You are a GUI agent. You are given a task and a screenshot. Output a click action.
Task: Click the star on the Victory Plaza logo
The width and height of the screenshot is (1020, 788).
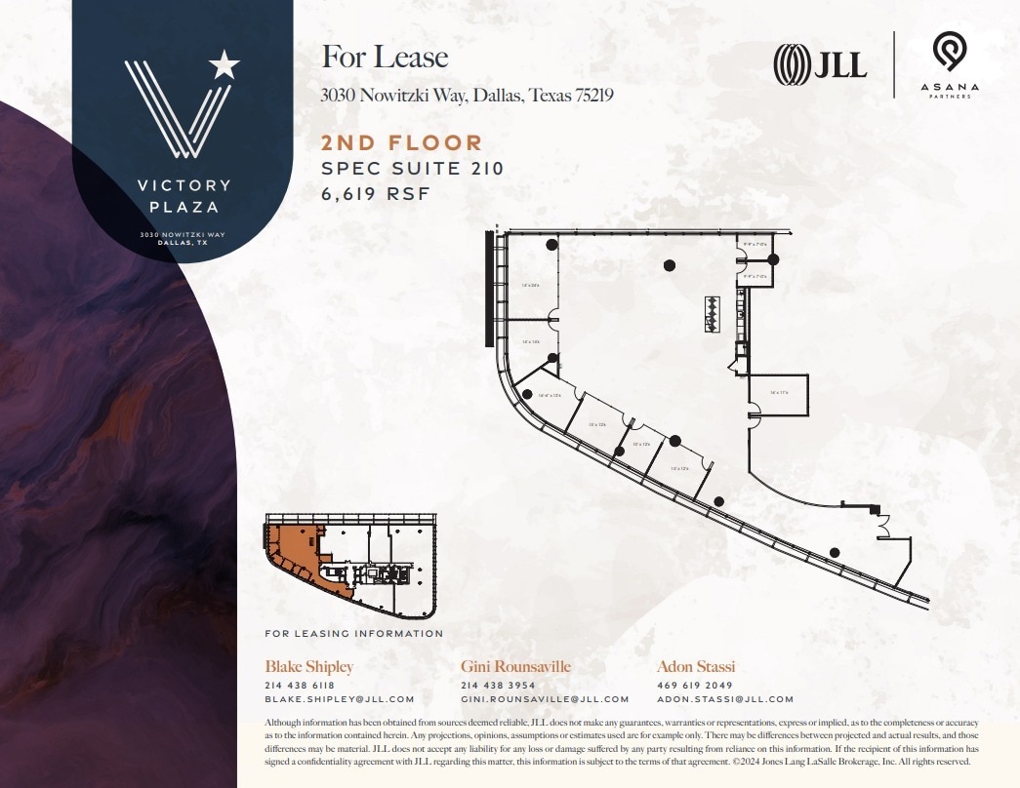224,65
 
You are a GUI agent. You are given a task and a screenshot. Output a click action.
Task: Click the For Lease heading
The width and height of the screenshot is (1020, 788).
385,58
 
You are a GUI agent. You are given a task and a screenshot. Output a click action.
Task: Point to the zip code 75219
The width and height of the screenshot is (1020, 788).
590,97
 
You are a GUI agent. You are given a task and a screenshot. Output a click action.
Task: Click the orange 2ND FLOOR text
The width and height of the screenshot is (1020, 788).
402,144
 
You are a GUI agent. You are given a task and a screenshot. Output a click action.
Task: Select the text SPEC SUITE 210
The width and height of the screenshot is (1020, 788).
413,168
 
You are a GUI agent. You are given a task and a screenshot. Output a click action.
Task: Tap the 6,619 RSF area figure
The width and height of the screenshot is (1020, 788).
376,192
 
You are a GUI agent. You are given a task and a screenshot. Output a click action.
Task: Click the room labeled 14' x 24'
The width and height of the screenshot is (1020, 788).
531,285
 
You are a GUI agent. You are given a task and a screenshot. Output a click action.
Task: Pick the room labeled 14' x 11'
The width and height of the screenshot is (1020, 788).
778,393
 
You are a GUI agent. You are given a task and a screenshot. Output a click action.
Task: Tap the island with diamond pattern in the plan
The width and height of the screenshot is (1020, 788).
712,314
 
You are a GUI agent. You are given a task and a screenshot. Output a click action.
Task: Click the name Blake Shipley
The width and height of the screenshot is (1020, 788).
308,667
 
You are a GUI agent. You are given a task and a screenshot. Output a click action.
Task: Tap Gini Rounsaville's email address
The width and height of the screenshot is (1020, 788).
545,699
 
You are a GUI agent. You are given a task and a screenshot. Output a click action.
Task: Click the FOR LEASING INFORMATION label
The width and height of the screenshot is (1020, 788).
353,634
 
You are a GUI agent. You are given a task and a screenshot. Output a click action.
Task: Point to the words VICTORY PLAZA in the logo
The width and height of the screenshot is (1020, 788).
184,195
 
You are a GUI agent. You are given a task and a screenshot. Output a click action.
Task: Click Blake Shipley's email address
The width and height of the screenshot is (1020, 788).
340,699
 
